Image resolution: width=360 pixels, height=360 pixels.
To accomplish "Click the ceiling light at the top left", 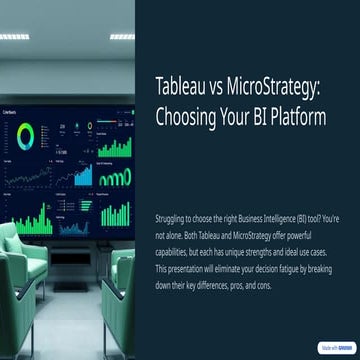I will pos(14,36).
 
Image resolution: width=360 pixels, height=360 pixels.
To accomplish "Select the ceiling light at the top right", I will pos(121,36).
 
